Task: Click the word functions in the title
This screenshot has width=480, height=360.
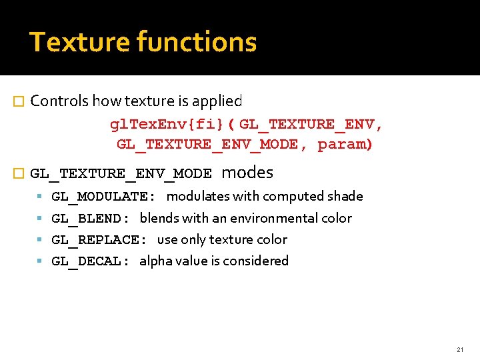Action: (x=197, y=42)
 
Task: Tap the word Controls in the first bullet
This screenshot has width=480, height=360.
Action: (x=59, y=101)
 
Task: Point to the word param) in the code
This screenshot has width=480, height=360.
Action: (x=345, y=145)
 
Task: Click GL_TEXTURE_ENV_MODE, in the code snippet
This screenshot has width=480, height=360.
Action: (x=208, y=145)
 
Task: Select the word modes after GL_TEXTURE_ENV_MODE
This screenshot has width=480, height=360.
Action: (x=247, y=173)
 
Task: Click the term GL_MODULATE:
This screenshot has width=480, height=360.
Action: (x=104, y=197)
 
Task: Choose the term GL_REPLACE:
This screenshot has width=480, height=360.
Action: (x=99, y=239)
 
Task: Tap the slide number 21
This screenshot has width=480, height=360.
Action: (x=460, y=349)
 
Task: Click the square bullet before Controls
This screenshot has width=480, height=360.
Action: (x=18, y=102)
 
